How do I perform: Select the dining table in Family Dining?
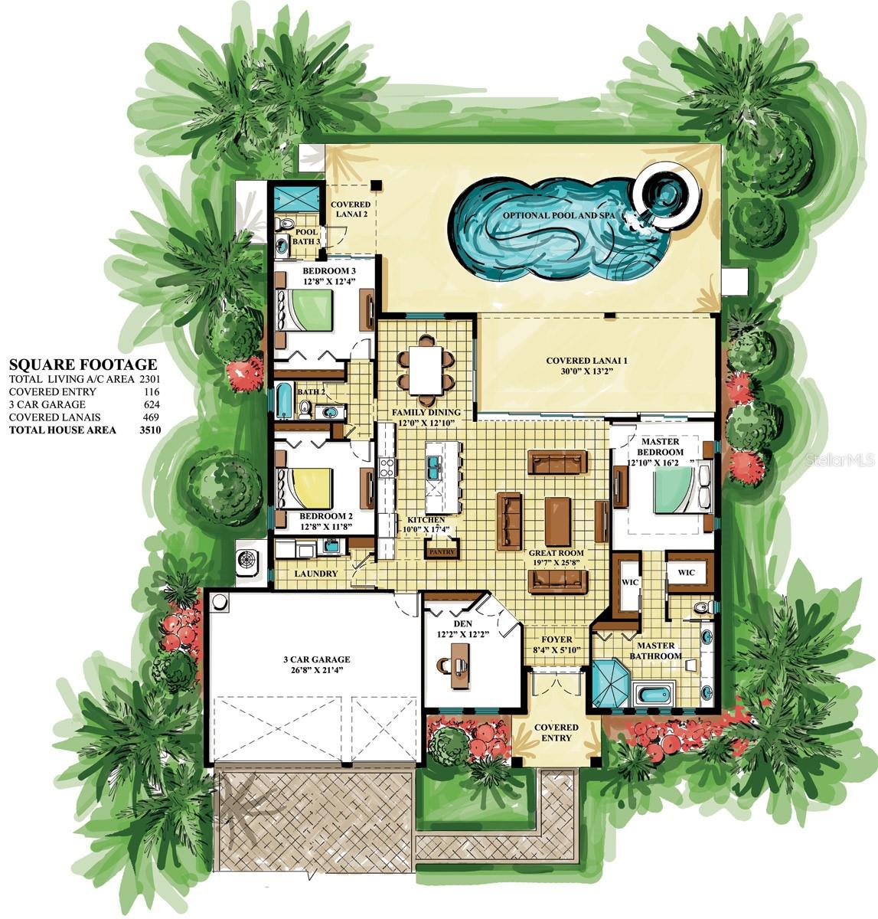426,370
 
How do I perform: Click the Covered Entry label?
557,733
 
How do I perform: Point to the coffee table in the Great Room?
557,522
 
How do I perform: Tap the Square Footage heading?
83,365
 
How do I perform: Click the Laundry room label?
316,574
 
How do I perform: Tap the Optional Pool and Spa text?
559,216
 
